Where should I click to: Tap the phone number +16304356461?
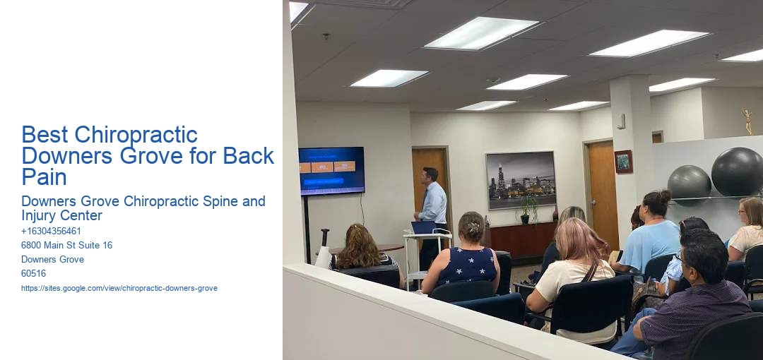(51, 231)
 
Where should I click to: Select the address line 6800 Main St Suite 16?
(66, 245)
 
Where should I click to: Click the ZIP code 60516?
(33, 273)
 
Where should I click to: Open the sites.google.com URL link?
(119, 288)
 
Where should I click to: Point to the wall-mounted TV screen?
(331, 170)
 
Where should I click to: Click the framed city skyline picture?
(521, 180)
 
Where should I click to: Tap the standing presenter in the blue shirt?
(432, 205)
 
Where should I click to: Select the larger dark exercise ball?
(737, 172)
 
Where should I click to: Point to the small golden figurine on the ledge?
(747, 121)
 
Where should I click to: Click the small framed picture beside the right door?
(623, 162)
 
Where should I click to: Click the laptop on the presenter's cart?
(424, 227)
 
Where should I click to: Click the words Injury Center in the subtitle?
(61, 215)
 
